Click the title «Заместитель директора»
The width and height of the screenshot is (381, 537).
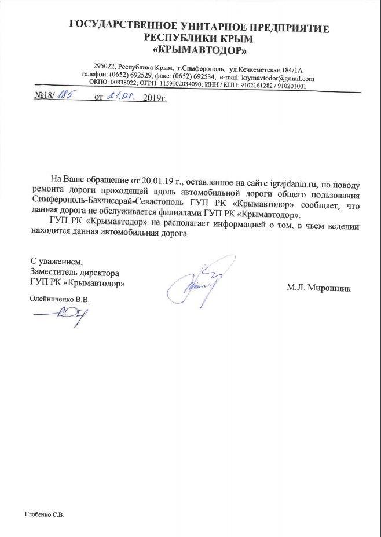pos(75,272)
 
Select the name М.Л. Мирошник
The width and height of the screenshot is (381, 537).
pos(318,287)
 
